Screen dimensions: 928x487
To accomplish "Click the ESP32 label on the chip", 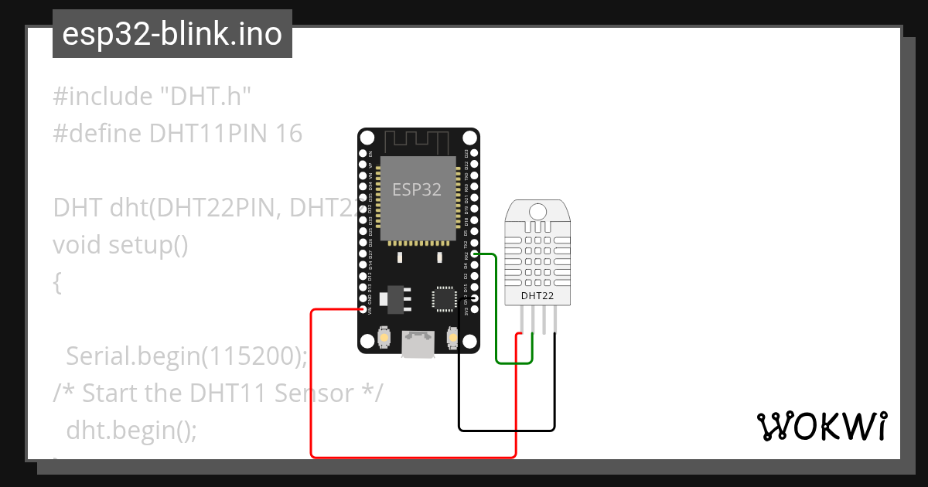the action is (417, 189).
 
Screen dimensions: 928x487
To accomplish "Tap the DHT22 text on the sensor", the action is (537, 295).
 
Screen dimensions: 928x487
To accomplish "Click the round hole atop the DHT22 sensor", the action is (538, 209).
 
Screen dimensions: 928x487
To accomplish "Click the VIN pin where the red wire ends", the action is (363, 309).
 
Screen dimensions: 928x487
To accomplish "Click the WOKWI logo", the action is (822, 427).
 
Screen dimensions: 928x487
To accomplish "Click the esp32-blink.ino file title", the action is (172, 34).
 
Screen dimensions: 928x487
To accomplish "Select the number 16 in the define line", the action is (288, 135).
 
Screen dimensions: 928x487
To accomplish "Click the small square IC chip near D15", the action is (445, 298).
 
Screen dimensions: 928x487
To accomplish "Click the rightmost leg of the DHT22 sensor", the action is (555, 319).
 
